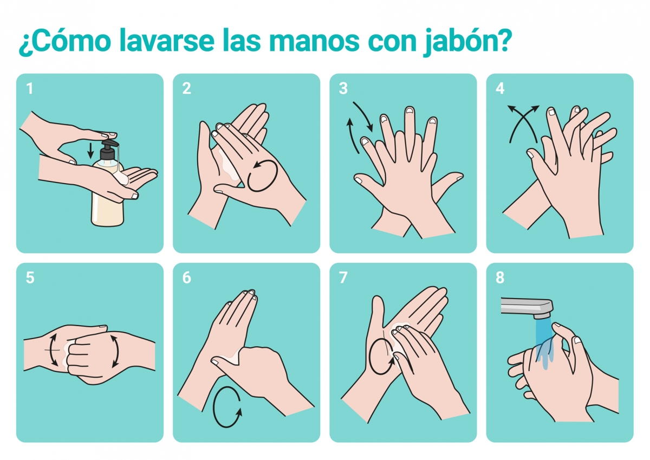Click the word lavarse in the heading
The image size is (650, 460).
pyautogui.click(x=167, y=40)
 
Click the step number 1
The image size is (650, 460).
pyautogui.click(x=30, y=88)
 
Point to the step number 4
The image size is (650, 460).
pyautogui.click(x=500, y=88)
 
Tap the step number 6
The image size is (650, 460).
pyautogui.click(x=186, y=278)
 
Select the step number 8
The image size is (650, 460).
pyautogui.click(x=500, y=278)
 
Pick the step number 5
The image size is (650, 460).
pyautogui.click(x=30, y=278)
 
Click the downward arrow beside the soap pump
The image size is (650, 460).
pyautogui.click(x=91, y=150)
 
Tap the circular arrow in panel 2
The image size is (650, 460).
pyautogui.click(x=262, y=176)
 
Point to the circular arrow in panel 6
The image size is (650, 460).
pyautogui.click(x=213, y=406)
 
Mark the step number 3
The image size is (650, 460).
pyautogui.click(x=343, y=88)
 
